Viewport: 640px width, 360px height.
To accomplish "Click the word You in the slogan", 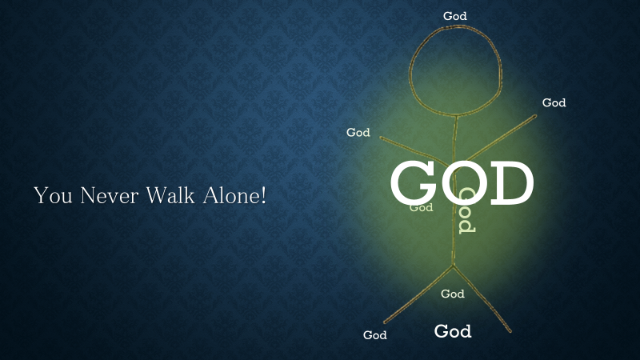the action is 53,195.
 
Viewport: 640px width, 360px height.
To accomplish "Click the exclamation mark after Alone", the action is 263,195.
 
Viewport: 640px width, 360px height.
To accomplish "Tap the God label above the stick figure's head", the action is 455,16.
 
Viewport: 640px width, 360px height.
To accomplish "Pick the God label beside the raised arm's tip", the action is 554,102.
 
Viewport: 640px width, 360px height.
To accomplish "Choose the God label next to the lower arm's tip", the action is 358,132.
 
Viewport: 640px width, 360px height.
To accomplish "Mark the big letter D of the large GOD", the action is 512,183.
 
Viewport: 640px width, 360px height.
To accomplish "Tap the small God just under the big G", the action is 422,207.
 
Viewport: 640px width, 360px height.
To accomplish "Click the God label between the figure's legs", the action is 453,294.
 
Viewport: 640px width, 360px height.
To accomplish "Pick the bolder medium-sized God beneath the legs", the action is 453,331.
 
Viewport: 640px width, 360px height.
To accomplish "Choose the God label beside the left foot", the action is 374,334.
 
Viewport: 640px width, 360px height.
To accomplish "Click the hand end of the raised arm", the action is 535,116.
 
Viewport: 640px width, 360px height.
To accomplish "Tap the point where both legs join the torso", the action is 453,266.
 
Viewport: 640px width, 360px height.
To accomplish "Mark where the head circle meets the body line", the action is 456,116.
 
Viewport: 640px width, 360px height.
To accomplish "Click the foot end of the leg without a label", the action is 510,331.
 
